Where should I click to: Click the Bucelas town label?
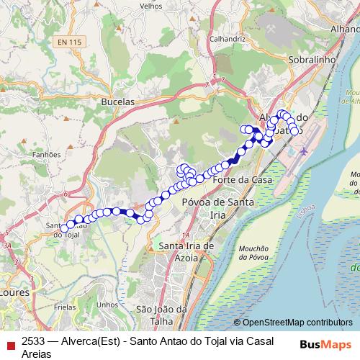tap(119, 102)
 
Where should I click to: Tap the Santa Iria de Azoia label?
tap(186, 252)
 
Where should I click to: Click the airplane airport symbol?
tap(304, 152)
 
